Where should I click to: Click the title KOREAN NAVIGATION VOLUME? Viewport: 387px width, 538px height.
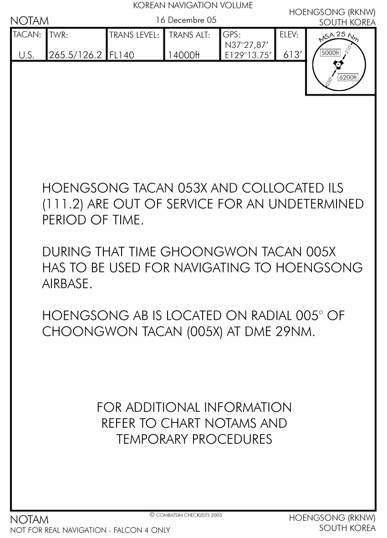193,6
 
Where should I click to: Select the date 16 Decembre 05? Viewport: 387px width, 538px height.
186,20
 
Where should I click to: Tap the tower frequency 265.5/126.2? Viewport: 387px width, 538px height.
76,55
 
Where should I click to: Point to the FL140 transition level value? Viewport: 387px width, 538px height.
122,55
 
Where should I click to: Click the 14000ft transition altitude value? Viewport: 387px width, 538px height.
183,55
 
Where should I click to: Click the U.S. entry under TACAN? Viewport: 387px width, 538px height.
26,55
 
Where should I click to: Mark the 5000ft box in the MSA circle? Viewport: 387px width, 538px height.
330,53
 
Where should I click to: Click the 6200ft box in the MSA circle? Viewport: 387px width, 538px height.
349,77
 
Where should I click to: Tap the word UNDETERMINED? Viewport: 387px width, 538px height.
316,204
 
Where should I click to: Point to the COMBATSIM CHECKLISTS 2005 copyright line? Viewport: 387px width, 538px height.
186,515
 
